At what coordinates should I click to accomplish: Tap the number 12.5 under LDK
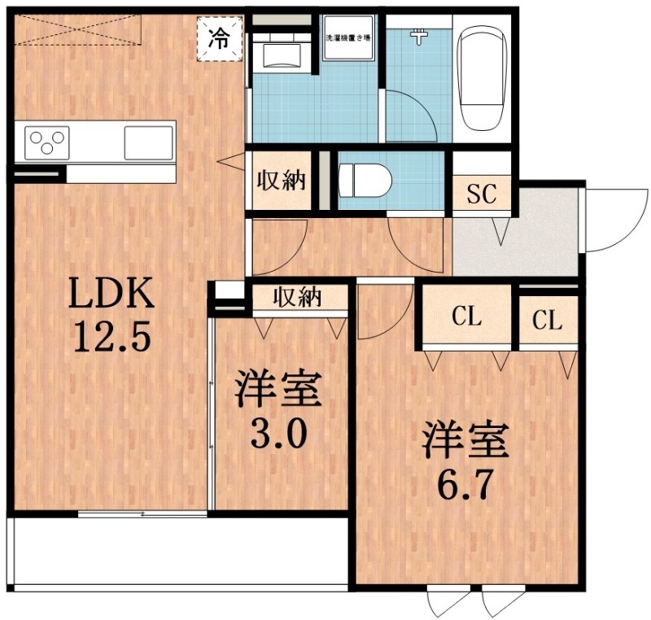[x=111, y=335]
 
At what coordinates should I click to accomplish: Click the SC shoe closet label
[x=482, y=194]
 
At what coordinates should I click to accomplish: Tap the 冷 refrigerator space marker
[x=221, y=37]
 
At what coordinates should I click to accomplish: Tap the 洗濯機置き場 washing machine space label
[x=347, y=37]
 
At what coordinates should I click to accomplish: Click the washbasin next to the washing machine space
[x=282, y=56]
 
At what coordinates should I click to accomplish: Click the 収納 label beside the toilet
[x=282, y=180]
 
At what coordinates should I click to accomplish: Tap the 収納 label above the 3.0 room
[x=299, y=299]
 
